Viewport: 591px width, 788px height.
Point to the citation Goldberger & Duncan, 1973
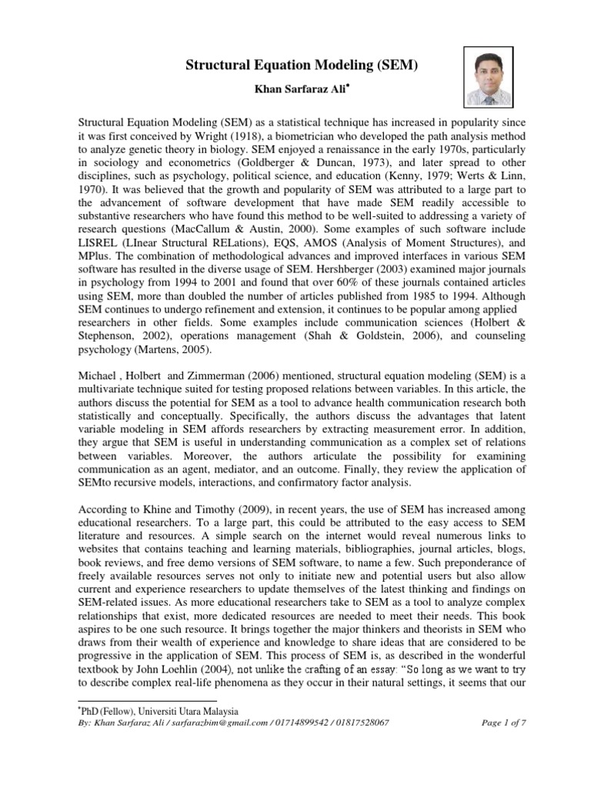(x=322, y=165)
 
